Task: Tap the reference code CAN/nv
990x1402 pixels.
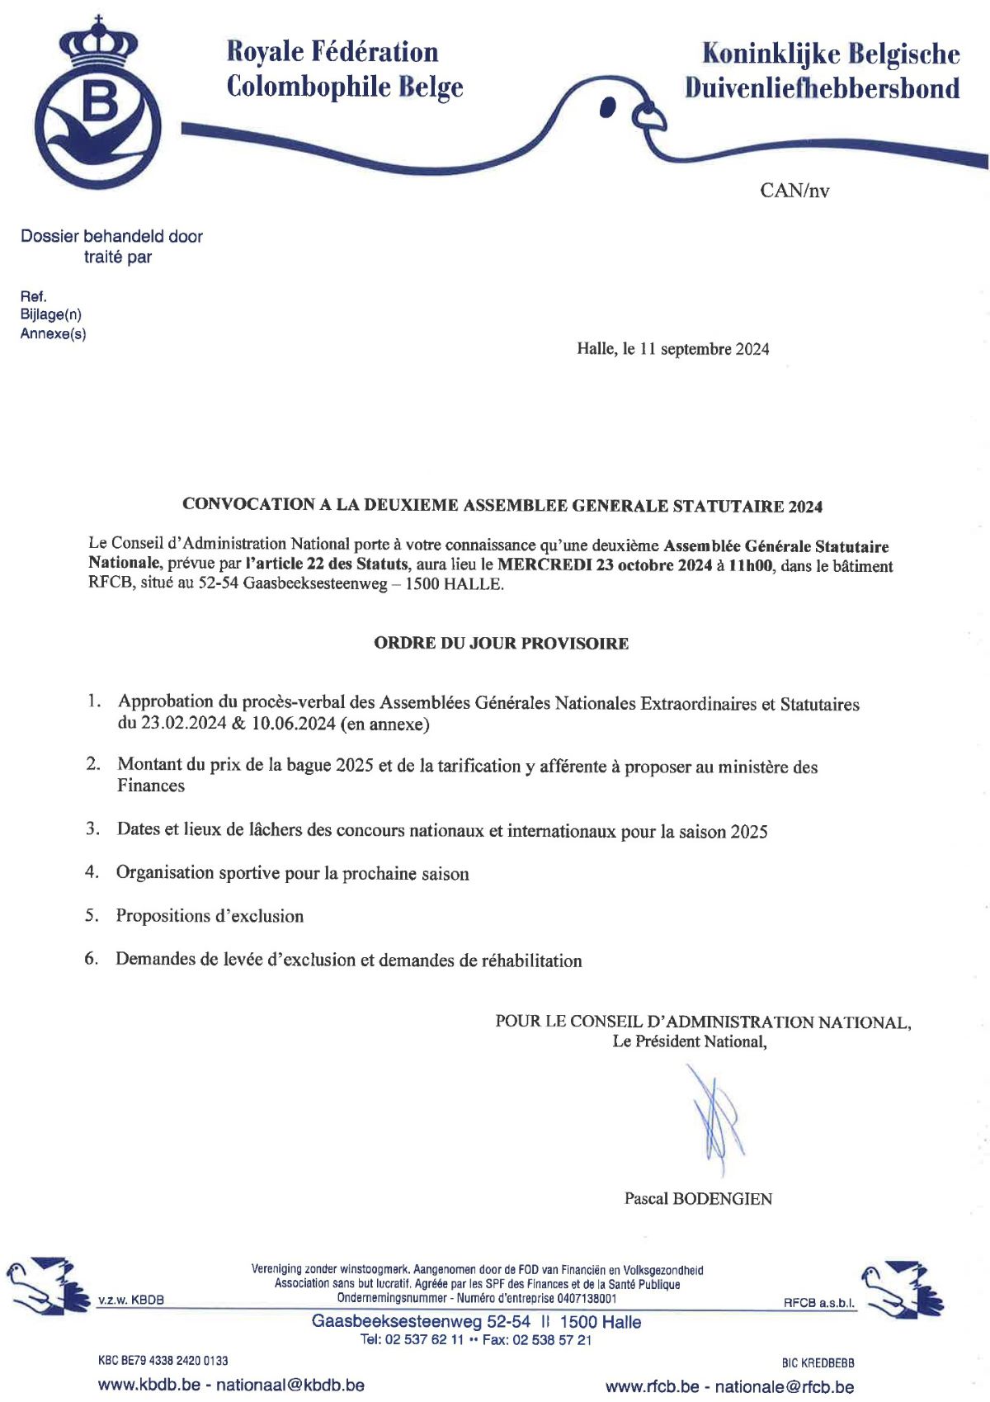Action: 794,191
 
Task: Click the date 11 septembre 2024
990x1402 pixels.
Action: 705,349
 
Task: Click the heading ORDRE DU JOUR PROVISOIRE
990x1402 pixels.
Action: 501,643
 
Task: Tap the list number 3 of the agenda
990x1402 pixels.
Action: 92,828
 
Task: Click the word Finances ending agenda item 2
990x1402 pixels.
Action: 151,786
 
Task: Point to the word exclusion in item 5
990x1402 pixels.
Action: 262,916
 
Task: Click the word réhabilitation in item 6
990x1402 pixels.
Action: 531,961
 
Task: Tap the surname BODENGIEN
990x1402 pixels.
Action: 723,1199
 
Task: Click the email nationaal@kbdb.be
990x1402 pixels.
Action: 290,1385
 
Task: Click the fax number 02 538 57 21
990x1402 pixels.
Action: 552,1340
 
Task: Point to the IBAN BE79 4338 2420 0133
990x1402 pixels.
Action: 175,1360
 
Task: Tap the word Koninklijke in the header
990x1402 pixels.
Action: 772,54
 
